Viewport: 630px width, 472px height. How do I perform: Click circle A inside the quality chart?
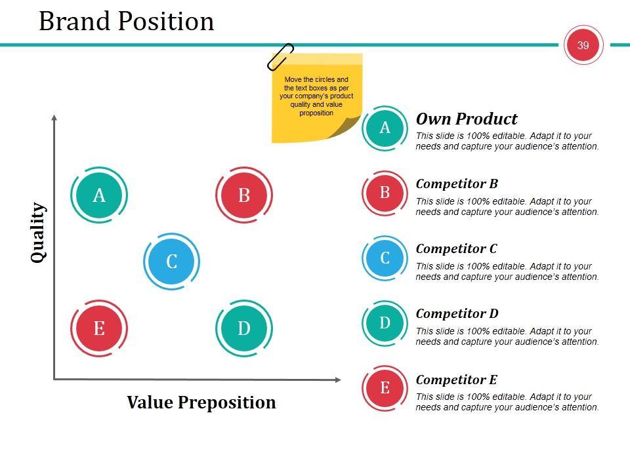point(99,195)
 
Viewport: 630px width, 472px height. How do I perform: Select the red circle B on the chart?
point(244,195)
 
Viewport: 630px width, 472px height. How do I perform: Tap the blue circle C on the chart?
point(171,262)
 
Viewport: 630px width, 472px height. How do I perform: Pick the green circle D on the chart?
point(244,328)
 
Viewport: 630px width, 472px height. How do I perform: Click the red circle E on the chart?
point(99,328)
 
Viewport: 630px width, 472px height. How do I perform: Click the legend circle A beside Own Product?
point(385,128)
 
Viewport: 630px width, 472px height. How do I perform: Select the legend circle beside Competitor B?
point(385,193)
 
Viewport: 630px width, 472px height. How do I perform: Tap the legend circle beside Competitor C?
point(385,258)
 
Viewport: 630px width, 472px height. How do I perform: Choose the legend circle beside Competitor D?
point(385,323)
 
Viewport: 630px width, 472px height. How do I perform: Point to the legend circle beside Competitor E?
point(385,388)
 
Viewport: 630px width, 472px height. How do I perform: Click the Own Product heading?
point(467,119)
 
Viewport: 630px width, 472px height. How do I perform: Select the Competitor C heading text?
point(457,249)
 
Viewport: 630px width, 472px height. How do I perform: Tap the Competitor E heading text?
point(457,380)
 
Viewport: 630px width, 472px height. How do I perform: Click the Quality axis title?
point(38,233)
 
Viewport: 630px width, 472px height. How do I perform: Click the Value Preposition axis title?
point(201,403)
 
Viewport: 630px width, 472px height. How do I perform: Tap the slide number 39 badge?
point(583,45)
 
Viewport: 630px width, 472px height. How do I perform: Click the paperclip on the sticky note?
point(280,56)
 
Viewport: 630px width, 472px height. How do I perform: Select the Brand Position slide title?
point(126,21)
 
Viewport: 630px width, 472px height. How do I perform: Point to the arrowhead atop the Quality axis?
point(54,117)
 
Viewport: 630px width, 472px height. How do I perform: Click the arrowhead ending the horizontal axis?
point(339,380)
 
